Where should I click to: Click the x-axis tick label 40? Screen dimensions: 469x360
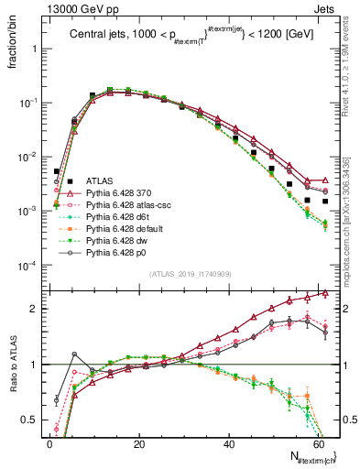click(228, 443)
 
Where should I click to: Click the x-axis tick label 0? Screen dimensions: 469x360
click(49, 443)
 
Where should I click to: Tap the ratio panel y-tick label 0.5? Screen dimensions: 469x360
click(31, 420)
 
